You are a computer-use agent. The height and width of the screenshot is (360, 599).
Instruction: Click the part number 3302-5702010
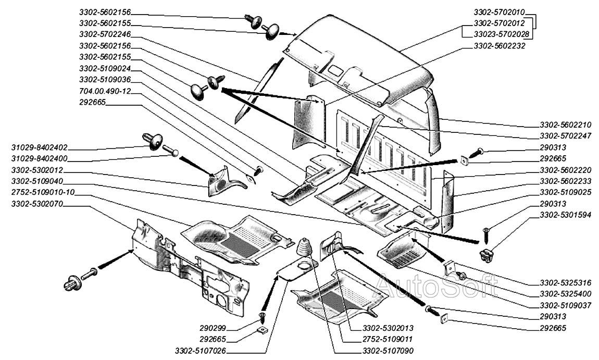click(498, 11)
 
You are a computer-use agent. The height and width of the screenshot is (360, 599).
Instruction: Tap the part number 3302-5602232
click(498, 46)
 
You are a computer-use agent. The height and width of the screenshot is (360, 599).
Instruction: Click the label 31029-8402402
click(40, 147)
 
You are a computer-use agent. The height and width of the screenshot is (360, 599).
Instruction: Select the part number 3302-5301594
click(565, 215)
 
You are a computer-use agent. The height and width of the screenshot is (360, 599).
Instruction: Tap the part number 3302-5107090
click(388, 351)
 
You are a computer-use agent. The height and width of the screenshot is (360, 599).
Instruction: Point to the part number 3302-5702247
click(565, 136)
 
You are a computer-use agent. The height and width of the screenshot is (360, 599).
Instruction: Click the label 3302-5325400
click(565, 294)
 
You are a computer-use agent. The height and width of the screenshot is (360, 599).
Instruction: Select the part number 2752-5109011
click(388, 340)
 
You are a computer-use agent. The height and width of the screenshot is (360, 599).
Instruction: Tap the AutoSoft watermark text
click(438, 285)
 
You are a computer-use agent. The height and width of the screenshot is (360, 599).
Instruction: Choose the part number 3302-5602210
click(565, 125)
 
